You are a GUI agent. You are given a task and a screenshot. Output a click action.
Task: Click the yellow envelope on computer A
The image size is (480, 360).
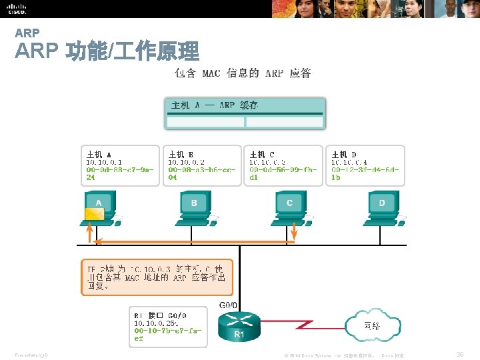point(94,214)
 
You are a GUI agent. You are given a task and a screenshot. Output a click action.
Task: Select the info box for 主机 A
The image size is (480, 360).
point(120,165)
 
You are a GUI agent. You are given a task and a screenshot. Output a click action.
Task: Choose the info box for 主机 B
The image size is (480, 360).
point(202,165)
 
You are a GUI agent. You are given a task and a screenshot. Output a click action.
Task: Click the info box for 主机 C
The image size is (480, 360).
point(283,165)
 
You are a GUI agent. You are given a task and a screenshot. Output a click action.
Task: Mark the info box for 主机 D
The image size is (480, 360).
point(365,165)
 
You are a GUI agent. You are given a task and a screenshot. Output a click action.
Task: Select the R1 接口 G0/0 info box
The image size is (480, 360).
point(168,326)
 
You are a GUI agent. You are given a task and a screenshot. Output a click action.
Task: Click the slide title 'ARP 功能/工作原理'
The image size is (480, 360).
point(107,51)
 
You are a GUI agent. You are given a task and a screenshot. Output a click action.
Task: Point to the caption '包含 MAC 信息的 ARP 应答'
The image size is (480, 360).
point(243,73)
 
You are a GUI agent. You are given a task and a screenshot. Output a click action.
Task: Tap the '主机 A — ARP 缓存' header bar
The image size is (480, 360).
point(245,105)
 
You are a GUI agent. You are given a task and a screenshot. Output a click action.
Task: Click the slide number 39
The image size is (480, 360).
point(459,354)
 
